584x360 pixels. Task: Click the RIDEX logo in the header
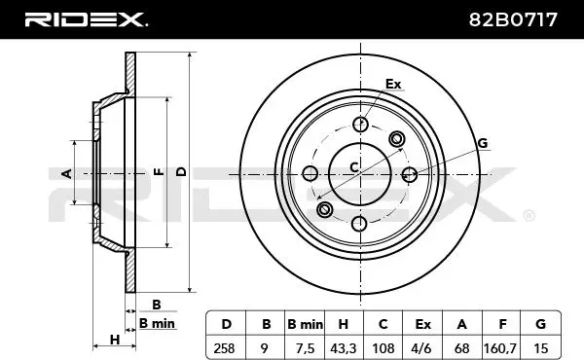pyautogui.click(x=86, y=19)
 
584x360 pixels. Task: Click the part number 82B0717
pyautogui.click(x=513, y=19)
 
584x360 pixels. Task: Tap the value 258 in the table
pyautogui.click(x=224, y=348)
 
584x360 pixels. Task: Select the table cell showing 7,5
pyautogui.click(x=305, y=348)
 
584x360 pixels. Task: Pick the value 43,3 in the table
pyautogui.click(x=343, y=348)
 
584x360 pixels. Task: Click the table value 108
pyautogui.click(x=383, y=348)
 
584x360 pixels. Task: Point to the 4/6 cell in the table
pyautogui.click(x=422, y=348)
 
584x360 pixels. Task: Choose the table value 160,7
pyautogui.click(x=500, y=348)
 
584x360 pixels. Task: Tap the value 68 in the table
pyautogui.click(x=461, y=348)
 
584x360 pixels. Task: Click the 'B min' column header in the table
pyautogui.click(x=305, y=324)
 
